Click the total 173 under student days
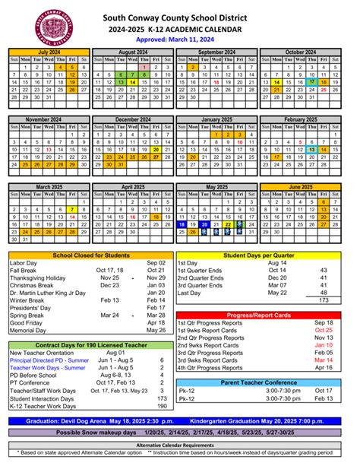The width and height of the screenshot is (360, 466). click(324, 300)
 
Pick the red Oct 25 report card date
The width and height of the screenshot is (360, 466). click(324, 330)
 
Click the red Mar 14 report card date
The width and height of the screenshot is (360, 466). click(324, 360)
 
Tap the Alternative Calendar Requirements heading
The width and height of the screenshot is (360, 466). click(180, 445)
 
